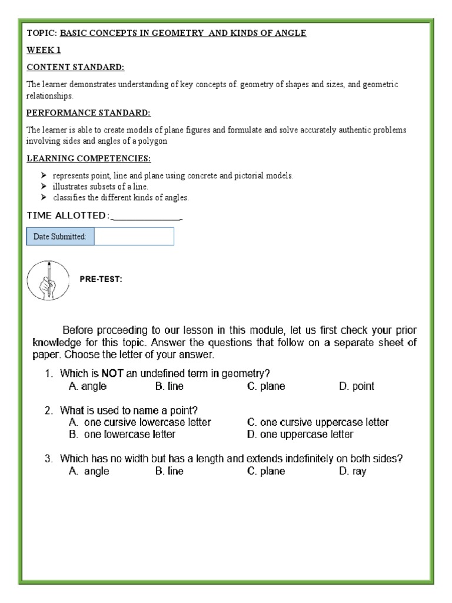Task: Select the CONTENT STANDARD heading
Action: click(x=75, y=67)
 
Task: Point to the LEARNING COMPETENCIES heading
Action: click(x=88, y=158)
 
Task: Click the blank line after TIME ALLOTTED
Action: click(x=147, y=216)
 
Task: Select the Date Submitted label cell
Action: click(x=61, y=237)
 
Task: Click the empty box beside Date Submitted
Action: click(x=134, y=237)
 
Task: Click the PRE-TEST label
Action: click(x=101, y=280)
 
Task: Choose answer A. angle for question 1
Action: click(x=88, y=387)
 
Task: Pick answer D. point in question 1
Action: click(x=356, y=387)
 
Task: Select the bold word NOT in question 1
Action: click(x=112, y=373)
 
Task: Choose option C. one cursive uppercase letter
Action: click(x=318, y=422)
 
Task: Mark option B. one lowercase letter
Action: click(x=122, y=435)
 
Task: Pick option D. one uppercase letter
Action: click(x=300, y=435)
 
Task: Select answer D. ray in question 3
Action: click(x=353, y=472)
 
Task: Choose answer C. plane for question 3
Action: click(x=266, y=472)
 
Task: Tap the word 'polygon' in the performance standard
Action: click(x=155, y=141)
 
